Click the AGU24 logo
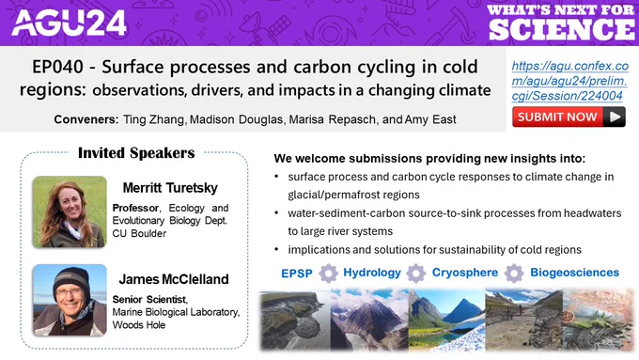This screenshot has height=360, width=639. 70,23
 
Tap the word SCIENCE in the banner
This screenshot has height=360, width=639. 562,29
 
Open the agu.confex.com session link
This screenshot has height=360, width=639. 569,81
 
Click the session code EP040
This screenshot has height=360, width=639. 57,67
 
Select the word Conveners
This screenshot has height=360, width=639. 86,119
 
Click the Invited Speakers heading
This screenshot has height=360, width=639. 136,153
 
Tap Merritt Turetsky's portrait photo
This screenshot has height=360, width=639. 70,212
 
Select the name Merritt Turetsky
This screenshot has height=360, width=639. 170,188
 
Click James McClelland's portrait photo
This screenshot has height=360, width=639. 70,300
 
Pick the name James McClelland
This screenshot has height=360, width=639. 174,279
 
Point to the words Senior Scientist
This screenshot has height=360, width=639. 149,299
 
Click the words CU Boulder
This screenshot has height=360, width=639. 139,234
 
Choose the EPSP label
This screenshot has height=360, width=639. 297,274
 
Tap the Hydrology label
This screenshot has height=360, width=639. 372,273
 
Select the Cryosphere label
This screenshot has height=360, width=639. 465,273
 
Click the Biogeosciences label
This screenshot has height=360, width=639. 574,273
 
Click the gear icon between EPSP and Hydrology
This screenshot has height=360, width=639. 328,274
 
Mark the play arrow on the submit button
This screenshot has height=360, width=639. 615,117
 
